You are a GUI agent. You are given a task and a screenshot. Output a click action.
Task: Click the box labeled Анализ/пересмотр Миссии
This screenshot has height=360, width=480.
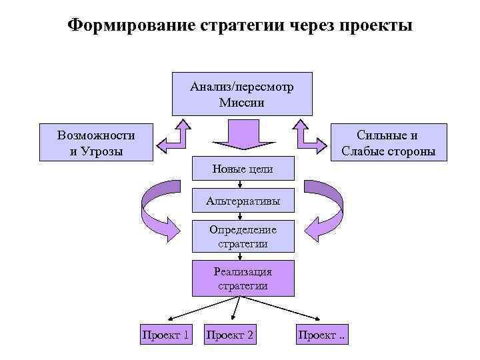pos(241,94)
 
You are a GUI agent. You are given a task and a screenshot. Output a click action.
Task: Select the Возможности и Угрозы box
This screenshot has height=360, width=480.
pos(96,143)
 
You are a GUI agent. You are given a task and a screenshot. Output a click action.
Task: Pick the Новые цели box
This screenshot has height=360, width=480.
pos(242,169)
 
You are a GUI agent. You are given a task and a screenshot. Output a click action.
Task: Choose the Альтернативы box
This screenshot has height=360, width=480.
pos(242,201)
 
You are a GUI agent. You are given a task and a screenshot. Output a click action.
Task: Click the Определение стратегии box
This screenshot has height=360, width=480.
pos(242,237)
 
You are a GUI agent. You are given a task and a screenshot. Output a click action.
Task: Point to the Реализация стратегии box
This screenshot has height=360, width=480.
pos(242,279)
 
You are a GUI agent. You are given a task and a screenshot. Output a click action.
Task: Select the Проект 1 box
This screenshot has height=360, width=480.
pos(165,335)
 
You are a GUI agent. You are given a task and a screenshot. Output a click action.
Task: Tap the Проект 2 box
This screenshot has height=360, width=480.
pos(230,335)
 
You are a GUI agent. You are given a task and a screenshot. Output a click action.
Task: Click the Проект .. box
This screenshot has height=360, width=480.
pos(323,335)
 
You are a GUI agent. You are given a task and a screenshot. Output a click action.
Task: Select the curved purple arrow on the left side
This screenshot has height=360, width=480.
pos(157,208)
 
